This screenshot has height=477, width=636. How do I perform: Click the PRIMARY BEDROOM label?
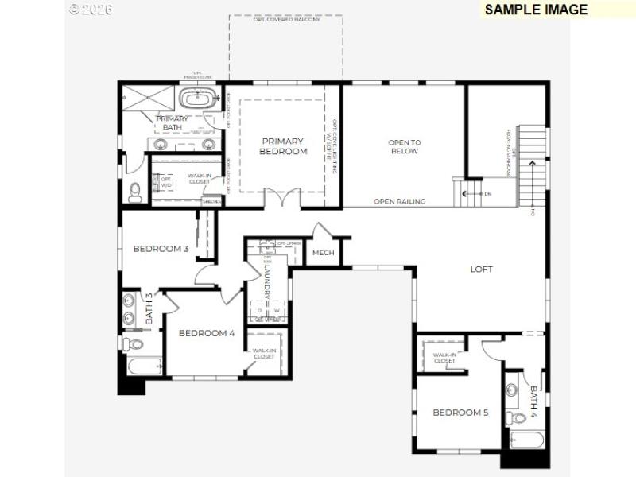click(x=283, y=146)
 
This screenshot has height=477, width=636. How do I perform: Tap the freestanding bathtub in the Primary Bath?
click(x=194, y=99)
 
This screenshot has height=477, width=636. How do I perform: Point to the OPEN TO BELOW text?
click(x=404, y=147)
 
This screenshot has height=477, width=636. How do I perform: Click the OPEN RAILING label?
click(x=399, y=202)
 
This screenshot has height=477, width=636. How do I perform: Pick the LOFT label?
click(x=481, y=270)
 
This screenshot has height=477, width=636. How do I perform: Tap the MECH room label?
click(x=323, y=254)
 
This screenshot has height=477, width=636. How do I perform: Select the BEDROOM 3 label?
click(x=161, y=249)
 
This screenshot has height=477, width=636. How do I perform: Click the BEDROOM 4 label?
click(x=206, y=333)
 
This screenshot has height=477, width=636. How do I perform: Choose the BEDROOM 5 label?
click(x=460, y=413)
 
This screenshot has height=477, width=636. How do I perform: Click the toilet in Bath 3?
click(x=133, y=344)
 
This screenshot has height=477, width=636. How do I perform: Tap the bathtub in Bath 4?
click(x=525, y=438)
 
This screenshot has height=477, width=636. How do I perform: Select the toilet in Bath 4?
click(x=518, y=417)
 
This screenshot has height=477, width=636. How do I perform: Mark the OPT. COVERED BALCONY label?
click(x=286, y=20)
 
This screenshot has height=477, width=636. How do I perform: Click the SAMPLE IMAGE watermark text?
click(x=536, y=10)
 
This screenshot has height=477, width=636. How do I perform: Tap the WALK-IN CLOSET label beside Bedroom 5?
click(x=444, y=358)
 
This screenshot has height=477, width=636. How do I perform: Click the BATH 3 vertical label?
click(x=149, y=308)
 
